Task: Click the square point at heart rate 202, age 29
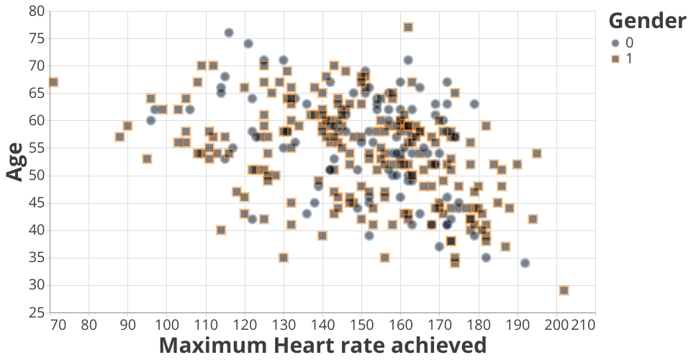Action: tap(564, 291)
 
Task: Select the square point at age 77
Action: tap(408, 27)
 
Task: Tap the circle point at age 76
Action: tap(229, 33)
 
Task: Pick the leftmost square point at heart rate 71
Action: tap(53, 82)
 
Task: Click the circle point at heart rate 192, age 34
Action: tap(525, 264)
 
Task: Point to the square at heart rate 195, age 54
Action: tap(536, 153)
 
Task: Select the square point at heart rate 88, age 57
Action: tap(119, 137)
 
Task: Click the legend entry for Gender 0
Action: tap(615, 42)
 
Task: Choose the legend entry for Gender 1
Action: tap(615, 58)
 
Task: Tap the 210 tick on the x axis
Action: tap(584, 325)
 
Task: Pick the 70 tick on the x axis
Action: tap(59, 325)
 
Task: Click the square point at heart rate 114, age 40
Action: tap(221, 230)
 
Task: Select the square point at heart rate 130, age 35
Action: tap(284, 258)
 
